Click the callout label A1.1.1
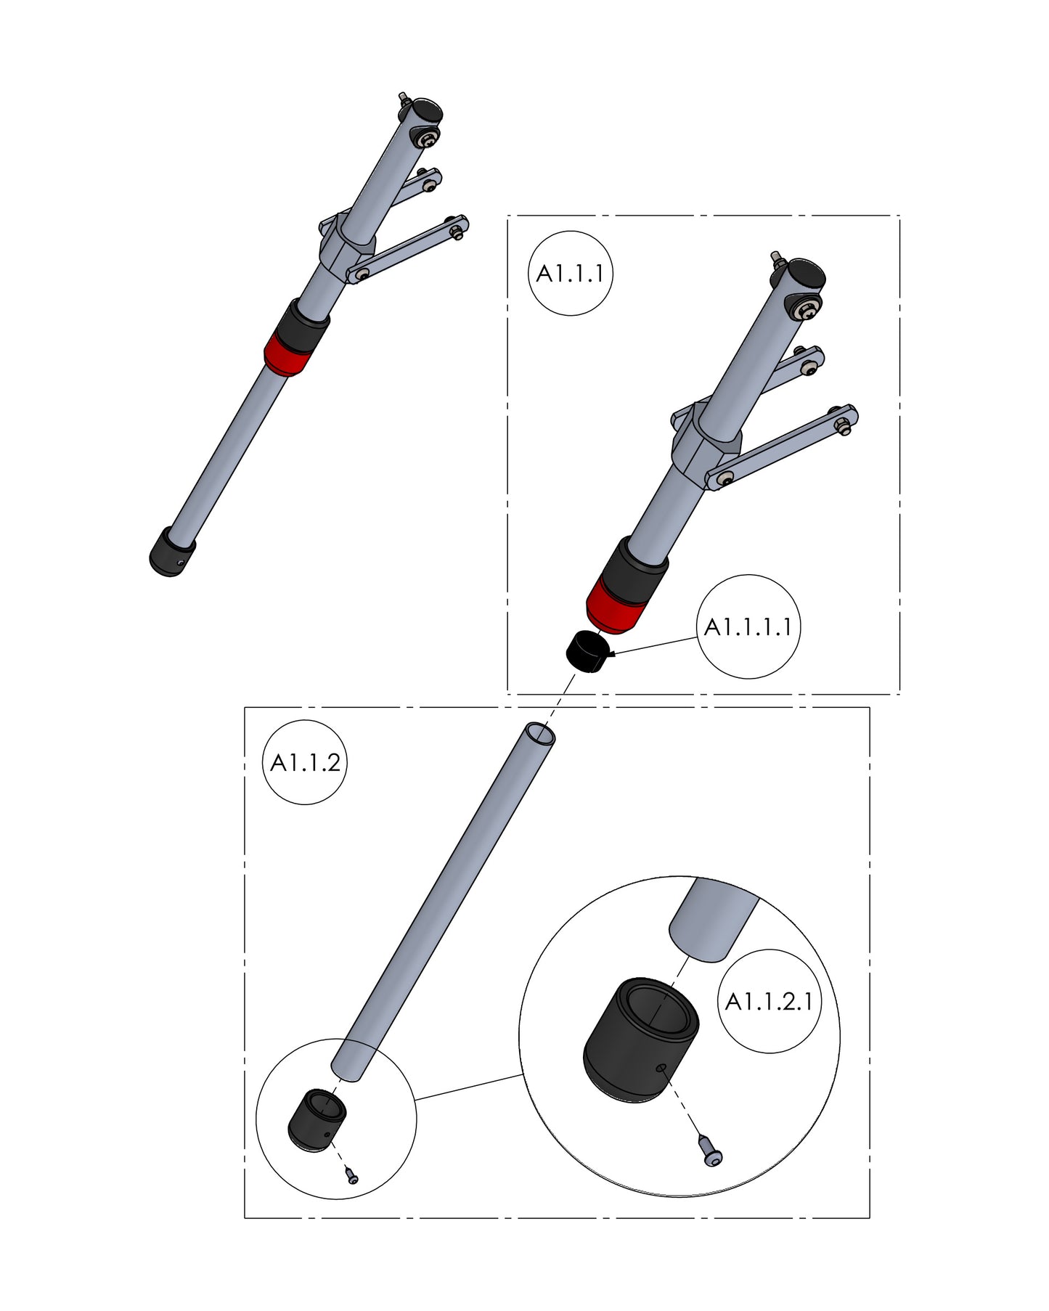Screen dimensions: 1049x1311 [x=570, y=274]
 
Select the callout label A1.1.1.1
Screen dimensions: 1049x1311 [x=748, y=626]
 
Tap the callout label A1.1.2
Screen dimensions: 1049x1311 [x=305, y=763]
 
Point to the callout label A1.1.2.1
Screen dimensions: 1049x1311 [x=769, y=1002]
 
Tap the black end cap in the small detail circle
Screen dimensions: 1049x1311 [x=317, y=1119]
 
